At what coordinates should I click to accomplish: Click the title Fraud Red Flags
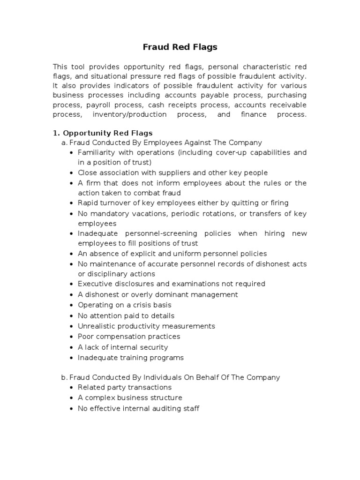click(x=180, y=47)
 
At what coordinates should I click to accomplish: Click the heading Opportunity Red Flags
click(x=107, y=133)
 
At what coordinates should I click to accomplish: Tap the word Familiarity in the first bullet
click(x=95, y=152)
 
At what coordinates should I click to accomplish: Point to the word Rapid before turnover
click(x=88, y=203)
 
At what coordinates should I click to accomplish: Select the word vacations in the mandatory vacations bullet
click(x=144, y=214)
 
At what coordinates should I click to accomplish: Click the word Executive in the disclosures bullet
click(x=94, y=284)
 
